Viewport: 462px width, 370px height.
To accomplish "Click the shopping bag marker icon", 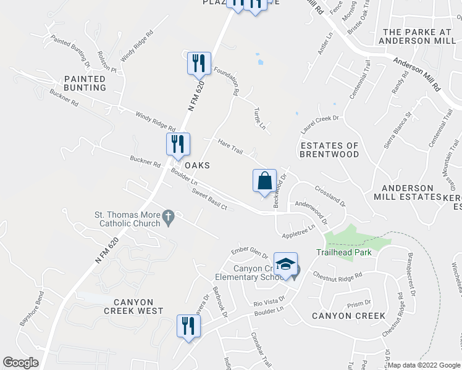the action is point(264,181).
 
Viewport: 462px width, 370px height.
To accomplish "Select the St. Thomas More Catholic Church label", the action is point(127,219).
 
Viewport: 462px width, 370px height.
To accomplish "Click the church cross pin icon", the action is point(167,216).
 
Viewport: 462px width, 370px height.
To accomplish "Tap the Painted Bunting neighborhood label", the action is point(84,83).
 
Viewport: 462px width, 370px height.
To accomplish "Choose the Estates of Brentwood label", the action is point(329,150).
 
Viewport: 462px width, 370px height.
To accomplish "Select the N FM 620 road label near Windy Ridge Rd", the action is point(196,99).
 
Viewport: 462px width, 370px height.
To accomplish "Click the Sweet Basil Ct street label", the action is point(209,202).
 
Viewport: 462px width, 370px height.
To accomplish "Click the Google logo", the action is point(20,363).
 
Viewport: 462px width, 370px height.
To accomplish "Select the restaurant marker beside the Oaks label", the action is point(178,144).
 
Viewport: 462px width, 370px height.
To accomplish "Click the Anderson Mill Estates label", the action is point(407,192).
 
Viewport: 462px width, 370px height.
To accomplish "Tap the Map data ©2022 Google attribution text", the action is point(424,365).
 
